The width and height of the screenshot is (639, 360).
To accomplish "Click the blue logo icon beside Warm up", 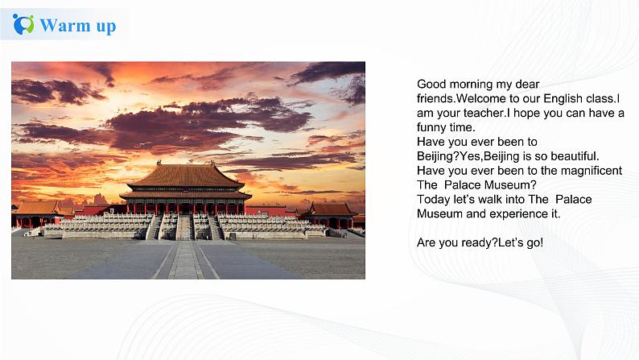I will (x=23, y=24).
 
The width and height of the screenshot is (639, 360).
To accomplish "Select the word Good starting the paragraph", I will (x=431, y=84).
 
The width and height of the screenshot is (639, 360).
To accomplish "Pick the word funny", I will (x=432, y=127).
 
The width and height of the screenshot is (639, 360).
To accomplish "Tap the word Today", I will (x=433, y=199).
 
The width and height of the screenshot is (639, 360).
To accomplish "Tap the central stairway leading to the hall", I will (x=184, y=227).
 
